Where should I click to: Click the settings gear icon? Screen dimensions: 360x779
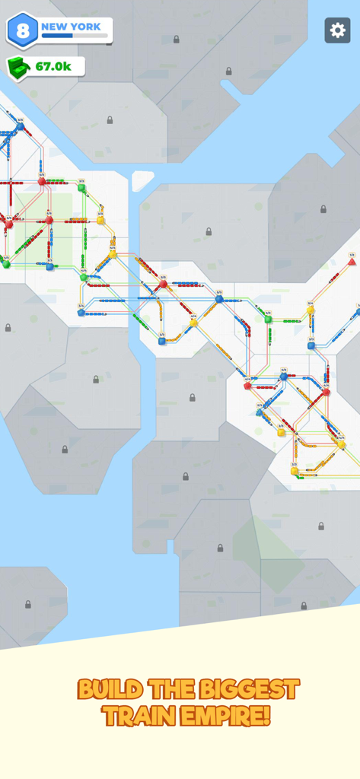coord(337,30)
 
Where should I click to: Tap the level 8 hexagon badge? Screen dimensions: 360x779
coord(22,30)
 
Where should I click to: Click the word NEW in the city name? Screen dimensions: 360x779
coord(55,27)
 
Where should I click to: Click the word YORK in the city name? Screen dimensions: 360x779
coord(85,27)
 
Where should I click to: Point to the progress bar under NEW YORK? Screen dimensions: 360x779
coord(74,36)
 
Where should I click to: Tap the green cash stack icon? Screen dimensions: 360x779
coord(19,68)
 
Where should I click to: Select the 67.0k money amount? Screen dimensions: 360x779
coord(53,67)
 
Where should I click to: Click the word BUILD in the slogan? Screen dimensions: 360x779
coord(110,690)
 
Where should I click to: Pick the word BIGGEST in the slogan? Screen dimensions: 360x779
coord(248,690)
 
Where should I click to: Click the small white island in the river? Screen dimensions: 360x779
coord(142,180)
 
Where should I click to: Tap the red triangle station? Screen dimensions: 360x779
coord(352,262)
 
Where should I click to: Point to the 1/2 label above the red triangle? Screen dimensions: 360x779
coord(352,255)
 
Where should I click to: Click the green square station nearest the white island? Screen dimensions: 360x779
coord(81,187)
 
